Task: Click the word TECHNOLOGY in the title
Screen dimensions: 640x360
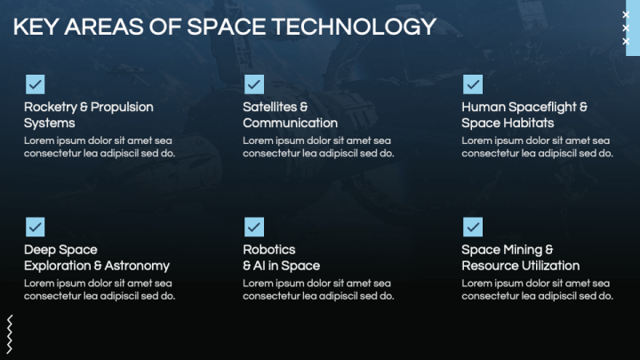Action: click(x=354, y=27)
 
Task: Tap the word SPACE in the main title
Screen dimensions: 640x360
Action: click(x=227, y=27)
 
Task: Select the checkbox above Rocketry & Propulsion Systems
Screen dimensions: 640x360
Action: click(x=35, y=84)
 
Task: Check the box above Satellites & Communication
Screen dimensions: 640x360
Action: click(x=254, y=84)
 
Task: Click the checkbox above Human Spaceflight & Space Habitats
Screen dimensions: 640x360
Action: click(x=473, y=84)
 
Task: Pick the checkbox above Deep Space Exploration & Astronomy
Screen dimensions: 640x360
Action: click(x=35, y=227)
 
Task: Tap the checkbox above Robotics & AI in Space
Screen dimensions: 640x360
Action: click(x=254, y=227)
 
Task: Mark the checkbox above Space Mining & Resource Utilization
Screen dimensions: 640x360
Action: click(x=473, y=227)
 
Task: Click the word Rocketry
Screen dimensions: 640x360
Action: click(x=50, y=108)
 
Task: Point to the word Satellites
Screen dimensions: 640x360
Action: click(x=269, y=107)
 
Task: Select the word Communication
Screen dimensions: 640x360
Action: click(x=290, y=123)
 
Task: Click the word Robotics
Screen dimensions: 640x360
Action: click(x=269, y=250)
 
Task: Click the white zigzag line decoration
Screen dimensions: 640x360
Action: click(x=10, y=334)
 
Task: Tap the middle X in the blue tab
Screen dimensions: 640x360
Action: click(x=626, y=28)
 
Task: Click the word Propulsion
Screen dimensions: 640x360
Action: click(x=122, y=108)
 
